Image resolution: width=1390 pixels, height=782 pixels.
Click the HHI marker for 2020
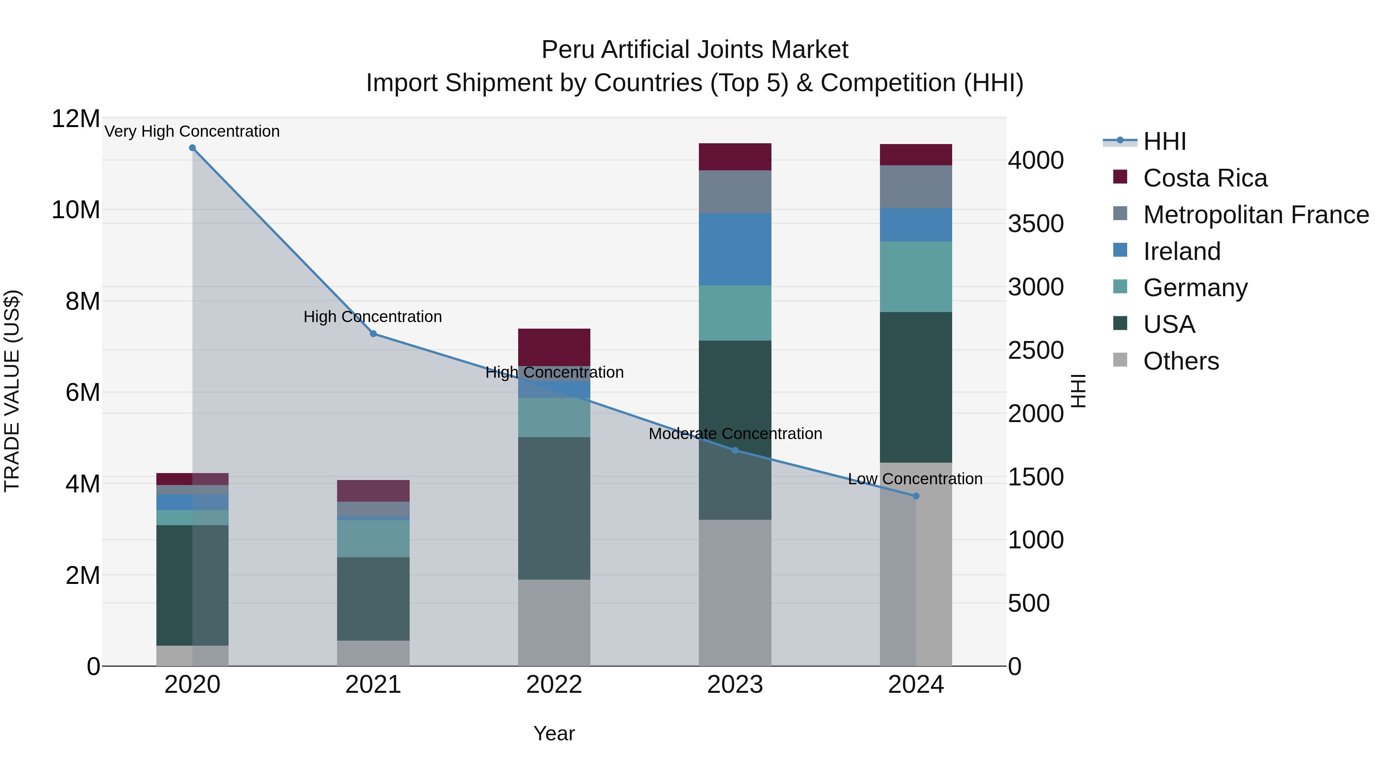192,148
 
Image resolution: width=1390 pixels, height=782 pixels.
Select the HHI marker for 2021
373,334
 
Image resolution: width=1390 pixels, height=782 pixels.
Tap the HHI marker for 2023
735,450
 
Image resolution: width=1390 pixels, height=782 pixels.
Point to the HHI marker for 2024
916,496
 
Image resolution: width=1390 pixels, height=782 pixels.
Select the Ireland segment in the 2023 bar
735,249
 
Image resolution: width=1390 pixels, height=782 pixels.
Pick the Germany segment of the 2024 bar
916,276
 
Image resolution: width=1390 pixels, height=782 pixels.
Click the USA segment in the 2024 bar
916,387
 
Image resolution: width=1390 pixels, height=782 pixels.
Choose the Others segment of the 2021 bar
373,653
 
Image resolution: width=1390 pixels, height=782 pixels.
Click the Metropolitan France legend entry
1256,215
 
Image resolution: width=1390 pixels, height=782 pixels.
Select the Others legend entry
1181,361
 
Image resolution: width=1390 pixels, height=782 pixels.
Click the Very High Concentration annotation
192,132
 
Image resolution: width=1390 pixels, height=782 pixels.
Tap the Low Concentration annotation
915,479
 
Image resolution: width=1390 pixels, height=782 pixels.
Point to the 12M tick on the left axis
76,119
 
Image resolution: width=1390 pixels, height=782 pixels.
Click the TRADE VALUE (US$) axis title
12,391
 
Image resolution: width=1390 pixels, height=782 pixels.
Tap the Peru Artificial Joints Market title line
695,50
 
